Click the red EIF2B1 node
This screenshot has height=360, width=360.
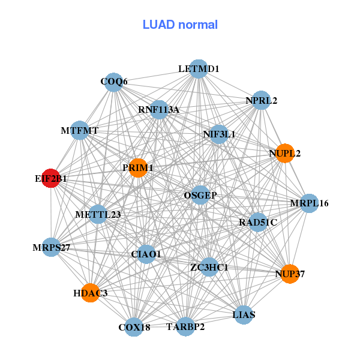point(51,178)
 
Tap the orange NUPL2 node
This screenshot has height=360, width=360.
point(285,153)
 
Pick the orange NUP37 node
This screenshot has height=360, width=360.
point(290,274)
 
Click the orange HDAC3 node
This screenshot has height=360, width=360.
point(90,293)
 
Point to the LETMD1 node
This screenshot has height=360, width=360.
point(199,69)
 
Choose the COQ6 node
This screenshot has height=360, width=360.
point(114,82)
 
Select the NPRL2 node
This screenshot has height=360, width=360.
point(261,100)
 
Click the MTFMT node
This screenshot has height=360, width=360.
point(80,130)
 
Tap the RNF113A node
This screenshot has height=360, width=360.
point(159,110)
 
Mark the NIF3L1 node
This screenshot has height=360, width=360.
point(219,134)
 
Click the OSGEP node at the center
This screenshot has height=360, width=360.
point(200,195)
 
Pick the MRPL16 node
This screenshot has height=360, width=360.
point(309,203)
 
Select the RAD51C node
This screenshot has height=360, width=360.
point(258,222)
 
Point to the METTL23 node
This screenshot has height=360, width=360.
point(98,214)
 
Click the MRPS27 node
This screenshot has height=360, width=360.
point(52,247)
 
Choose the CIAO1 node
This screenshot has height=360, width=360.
point(146,254)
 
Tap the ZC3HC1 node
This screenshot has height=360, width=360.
point(209,267)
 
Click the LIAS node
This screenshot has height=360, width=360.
point(244,314)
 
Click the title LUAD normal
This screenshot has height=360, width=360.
point(180,25)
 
